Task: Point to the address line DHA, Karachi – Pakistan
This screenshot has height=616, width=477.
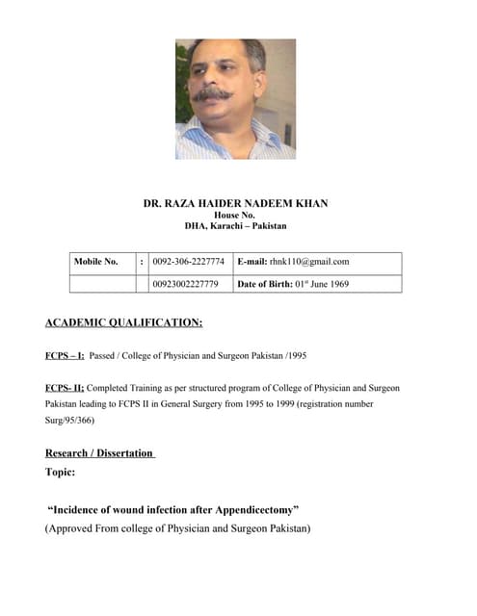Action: click(x=235, y=226)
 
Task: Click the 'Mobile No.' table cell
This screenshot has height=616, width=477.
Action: click(x=95, y=261)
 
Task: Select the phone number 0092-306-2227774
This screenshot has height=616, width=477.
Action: click(x=188, y=261)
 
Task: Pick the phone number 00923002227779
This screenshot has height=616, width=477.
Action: click(x=185, y=284)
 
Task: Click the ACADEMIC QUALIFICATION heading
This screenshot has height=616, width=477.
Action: click(x=123, y=322)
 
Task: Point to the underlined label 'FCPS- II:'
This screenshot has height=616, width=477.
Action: click(x=65, y=387)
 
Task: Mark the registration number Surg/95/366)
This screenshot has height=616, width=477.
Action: click(x=69, y=420)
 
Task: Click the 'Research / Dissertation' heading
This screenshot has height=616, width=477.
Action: click(x=99, y=452)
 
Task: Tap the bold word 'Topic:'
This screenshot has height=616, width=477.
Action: click(x=60, y=472)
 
